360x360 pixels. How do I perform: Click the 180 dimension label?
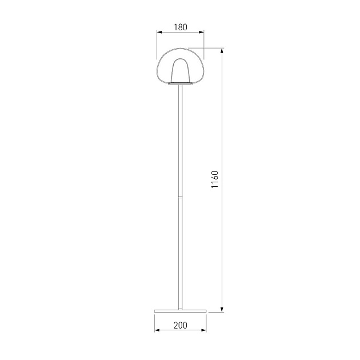coord(181,27)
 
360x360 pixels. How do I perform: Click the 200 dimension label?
coord(181,325)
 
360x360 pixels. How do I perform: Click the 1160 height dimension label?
coord(215,179)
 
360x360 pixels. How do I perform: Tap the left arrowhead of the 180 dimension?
coord(159,33)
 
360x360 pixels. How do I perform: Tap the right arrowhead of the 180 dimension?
coord(201,33)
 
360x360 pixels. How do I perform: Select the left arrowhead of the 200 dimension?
coord(157,330)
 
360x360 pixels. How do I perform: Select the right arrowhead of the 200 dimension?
coord(203,330)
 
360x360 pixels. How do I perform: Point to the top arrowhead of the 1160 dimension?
coord(222,51)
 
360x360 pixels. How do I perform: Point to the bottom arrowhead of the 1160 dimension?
coord(222,310)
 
